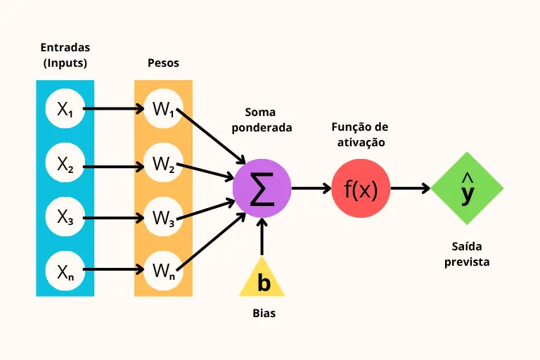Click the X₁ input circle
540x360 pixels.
[65, 109]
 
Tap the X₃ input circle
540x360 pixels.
[65, 217]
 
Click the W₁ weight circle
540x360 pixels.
[163, 109]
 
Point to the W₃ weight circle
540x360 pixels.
[163, 217]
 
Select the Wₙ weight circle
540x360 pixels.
[163, 271]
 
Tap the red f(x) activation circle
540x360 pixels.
[361, 188]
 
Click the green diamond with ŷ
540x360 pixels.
[468, 188]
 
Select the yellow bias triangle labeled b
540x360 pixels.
[263, 279]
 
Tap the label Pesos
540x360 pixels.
[163, 63]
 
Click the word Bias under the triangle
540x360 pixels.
[264, 314]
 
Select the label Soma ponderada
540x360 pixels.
[262, 120]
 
